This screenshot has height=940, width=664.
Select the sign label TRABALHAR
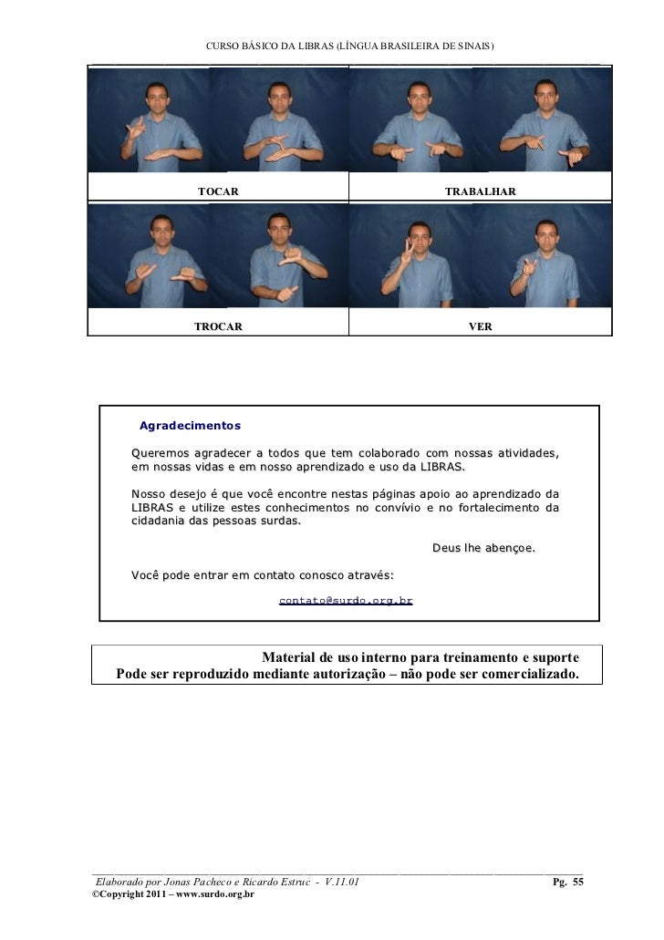480,191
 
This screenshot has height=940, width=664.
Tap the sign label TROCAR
218,325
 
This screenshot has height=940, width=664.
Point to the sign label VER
480,325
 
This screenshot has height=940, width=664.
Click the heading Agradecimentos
190,426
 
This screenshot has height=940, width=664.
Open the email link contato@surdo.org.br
346,601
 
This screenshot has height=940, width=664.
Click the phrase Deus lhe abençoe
482,549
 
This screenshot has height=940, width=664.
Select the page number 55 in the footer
578,882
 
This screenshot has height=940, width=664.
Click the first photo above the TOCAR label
152,120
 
